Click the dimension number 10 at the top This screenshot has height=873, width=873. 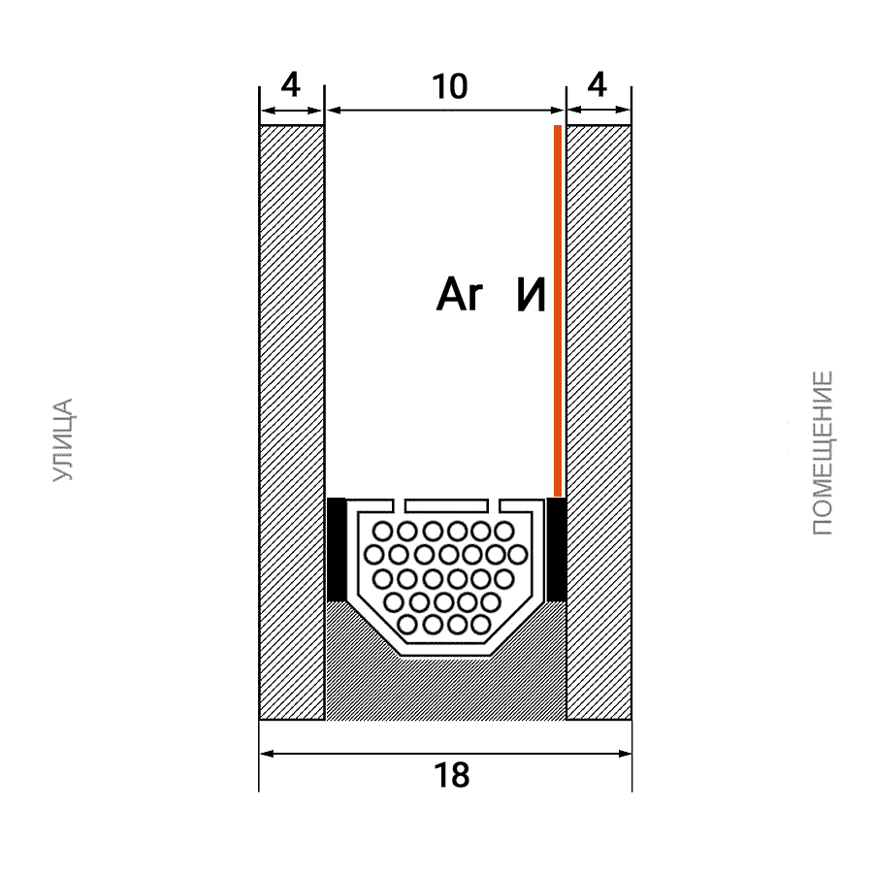[x=450, y=87]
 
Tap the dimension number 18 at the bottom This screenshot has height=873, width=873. [x=451, y=776]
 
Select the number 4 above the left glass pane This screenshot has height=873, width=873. [x=291, y=85]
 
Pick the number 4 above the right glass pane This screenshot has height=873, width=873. [x=598, y=85]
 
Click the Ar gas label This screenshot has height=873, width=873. [x=460, y=295]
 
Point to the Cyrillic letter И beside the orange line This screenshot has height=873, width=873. [x=532, y=295]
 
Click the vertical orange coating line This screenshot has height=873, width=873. [x=558, y=310]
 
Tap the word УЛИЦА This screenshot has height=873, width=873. [x=62, y=439]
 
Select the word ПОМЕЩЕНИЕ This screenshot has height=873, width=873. [x=823, y=453]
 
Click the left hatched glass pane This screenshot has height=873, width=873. [x=292, y=422]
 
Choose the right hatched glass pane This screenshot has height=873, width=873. [x=599, y=422]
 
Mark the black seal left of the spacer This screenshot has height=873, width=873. [x=336, y=550]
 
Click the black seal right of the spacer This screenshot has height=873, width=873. [x=557, y=550]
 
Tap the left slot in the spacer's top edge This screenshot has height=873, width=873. [x=399, y=505]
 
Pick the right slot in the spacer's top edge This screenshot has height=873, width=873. [x=494, y=505]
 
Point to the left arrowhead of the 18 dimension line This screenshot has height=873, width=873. [x=268, y=754]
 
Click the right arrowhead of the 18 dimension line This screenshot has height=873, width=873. [x=625, y=754]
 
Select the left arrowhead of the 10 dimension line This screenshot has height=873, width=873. [x=334, y=111]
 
